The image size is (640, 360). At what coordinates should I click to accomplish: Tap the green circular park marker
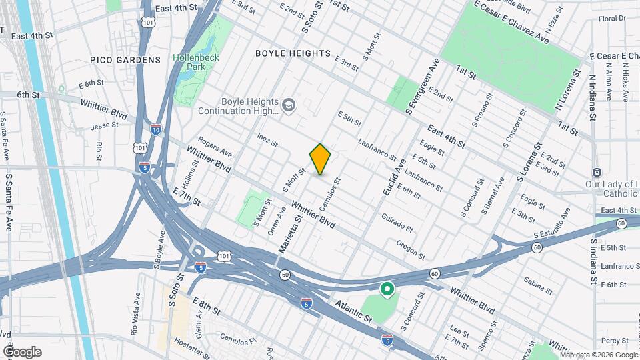pyautogui.click(x=386, y=289)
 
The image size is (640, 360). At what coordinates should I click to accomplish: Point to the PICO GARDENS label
pyautogui.click(x=126, y=60)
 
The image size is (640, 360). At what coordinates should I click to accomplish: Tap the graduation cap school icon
pyautogui.click(x=289, y=105)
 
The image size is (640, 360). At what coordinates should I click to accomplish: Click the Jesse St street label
pyautogui.click(x=104, y=125)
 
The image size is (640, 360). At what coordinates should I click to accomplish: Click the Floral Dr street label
pyautogui.click(x=612, y=19)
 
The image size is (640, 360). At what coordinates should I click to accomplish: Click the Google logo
pyautogui.click(x=22, y=351)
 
